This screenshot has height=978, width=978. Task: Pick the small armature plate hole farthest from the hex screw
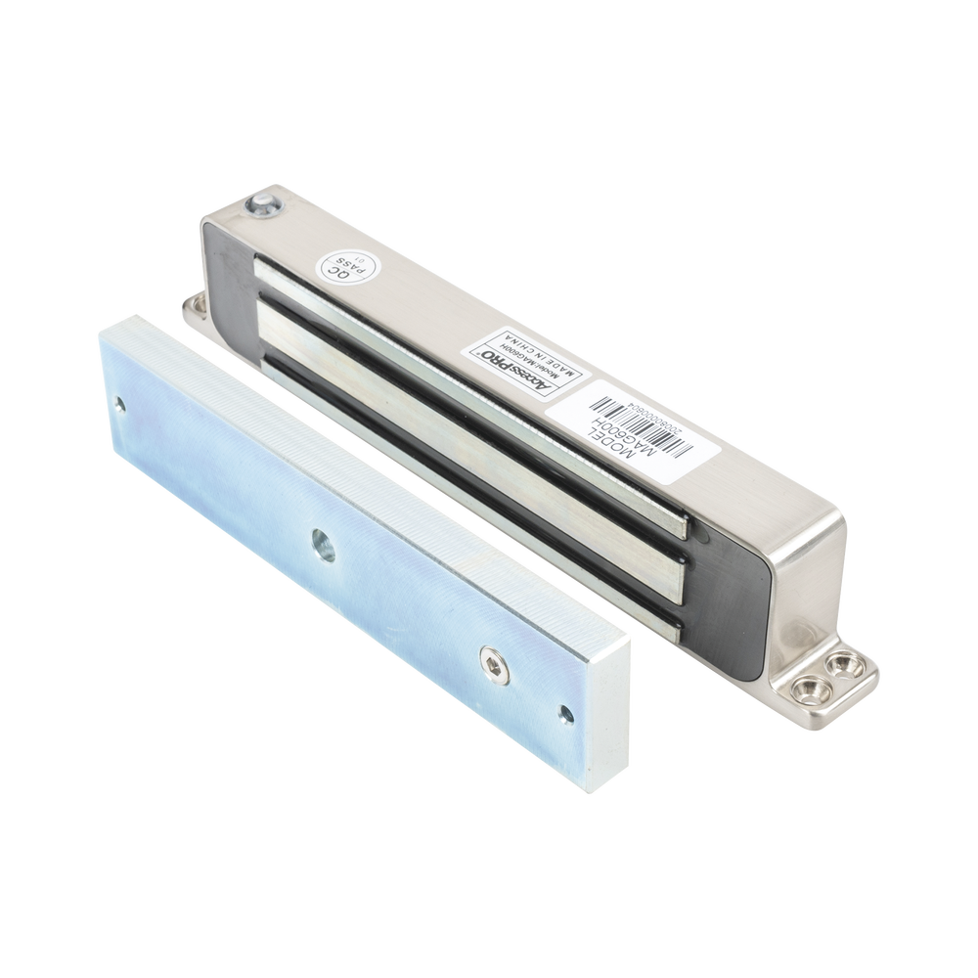click(x=119, y=402)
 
